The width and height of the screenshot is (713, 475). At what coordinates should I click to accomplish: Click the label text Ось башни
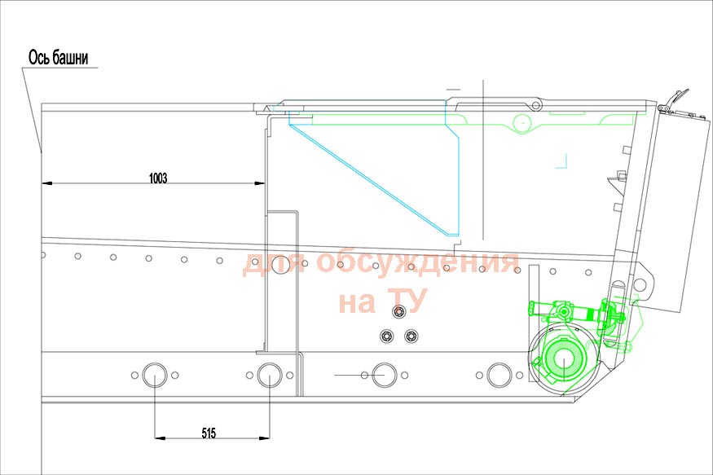pyautogui.click(x=58, y=58)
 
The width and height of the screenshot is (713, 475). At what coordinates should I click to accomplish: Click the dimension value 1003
pyautogui.click(x=158, y=178)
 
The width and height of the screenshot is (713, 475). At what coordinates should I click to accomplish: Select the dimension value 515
pyautogui.click(x=209, y=433)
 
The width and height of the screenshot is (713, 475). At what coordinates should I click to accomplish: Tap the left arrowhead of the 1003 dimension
pyautogui.click(x=46, y=183)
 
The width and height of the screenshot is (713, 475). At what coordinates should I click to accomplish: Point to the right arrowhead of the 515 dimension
pyautogui.click(x=265, y=438)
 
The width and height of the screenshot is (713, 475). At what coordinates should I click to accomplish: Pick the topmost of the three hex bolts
pyautogui.click(x=399, y=311)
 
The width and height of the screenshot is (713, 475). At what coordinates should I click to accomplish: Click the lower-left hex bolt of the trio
pyautogui.click(x=386, y=336)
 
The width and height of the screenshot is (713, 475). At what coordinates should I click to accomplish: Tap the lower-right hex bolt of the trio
pyautogui.click(x=411, y=336)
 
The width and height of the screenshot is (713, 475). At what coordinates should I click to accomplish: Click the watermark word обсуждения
pyautogui.click(x=417, y=262)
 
